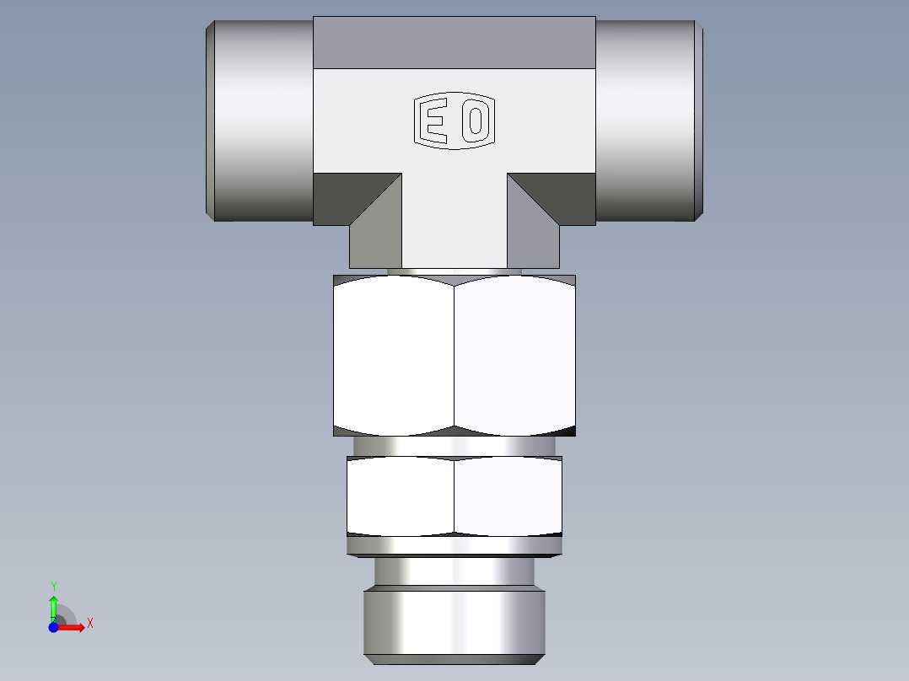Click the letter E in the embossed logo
tap(434, 122)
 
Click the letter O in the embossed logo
tap(475, 122)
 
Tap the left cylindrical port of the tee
tap(261, 121)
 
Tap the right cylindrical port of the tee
tap(648, 121)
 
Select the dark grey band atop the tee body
tap(454, 42)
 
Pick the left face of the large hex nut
tap(394, 356)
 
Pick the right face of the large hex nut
tap(514, 356)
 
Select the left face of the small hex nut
tap(401, 496)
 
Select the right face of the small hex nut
tap(508, 496)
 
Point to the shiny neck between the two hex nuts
tap(454, 446)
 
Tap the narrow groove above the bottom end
tap(454, 573)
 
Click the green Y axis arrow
tap(54, 606)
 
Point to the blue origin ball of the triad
tap(54, 627)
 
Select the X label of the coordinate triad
tap(89, 624)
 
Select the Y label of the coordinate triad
tap(54, 586)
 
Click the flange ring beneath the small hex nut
tap(454, 547)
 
